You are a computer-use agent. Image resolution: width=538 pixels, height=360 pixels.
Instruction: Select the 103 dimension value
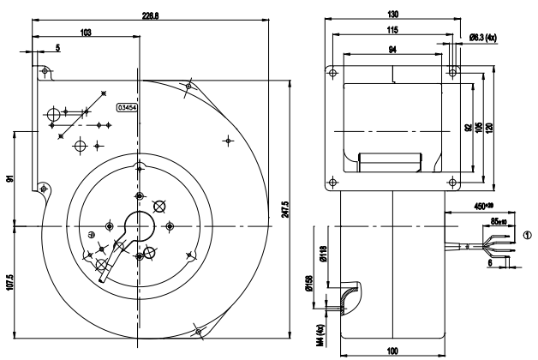click(x=85, y=32)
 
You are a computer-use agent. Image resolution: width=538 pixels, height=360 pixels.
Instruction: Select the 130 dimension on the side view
click(x=392, y=15)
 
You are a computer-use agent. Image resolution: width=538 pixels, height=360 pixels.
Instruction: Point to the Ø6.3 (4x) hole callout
click(x=486, y=36)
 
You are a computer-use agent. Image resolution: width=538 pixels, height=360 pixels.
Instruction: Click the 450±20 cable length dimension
click(x=484, y=207)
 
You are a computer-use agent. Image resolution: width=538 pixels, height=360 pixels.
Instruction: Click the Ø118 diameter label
click(x=324, y=254)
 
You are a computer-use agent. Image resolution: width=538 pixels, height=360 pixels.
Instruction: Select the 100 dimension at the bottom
click(x=392, y=351)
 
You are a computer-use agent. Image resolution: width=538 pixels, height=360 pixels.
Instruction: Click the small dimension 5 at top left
click(x=58, y=49)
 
